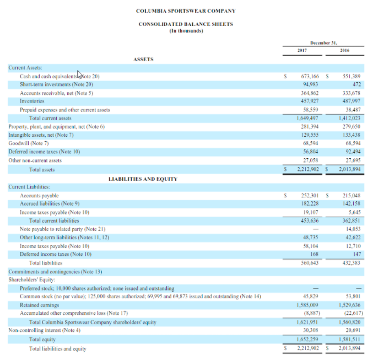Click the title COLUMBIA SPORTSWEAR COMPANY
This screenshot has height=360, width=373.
coord(186,10)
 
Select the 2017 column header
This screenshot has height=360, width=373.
coord(301,50)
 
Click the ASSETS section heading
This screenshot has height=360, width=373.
coord(143,59)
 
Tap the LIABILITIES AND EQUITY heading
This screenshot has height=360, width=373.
coord(143,179)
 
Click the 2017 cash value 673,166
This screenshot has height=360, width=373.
coord(311,76)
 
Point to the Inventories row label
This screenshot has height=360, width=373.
coord(32,101)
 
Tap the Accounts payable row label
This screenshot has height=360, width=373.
coord(39,196)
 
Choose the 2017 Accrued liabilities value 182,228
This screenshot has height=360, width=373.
coord(311,204)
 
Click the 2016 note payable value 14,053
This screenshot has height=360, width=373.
coord(351,229)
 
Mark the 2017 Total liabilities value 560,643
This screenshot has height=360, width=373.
coord(311,263)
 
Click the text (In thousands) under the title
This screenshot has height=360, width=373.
coord(186,31)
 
